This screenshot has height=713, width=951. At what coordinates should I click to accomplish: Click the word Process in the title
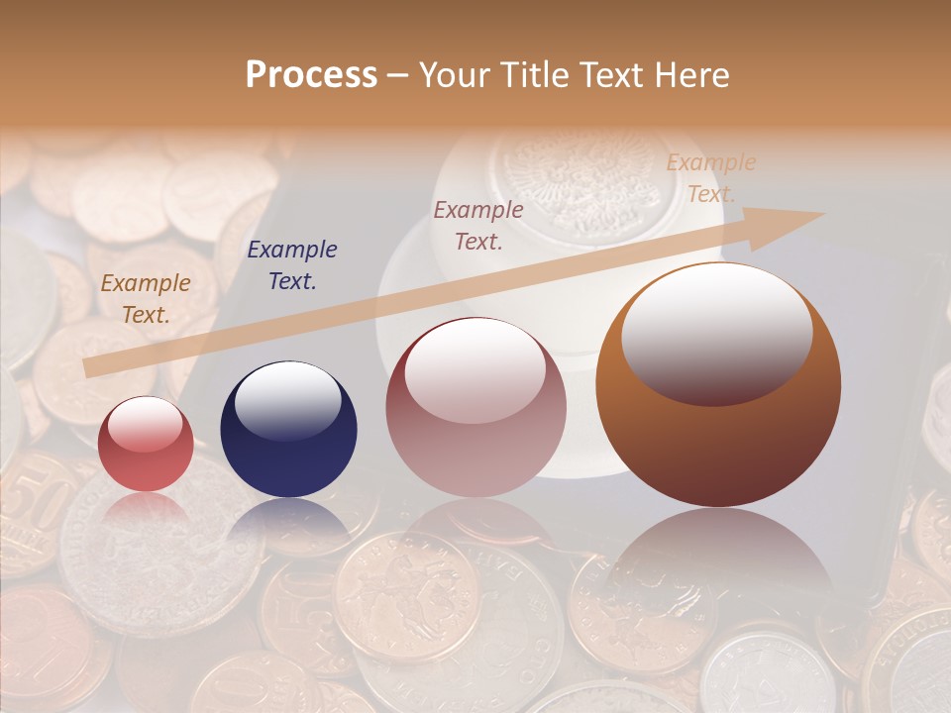coord(311,75)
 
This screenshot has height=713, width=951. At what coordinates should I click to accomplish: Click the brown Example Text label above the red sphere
coord(146,299)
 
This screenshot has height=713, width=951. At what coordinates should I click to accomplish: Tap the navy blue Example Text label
coord(292,265)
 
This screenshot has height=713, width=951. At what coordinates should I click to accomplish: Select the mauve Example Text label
coord(478,225)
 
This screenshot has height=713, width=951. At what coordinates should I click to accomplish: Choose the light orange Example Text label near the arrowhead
coord(710,178)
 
